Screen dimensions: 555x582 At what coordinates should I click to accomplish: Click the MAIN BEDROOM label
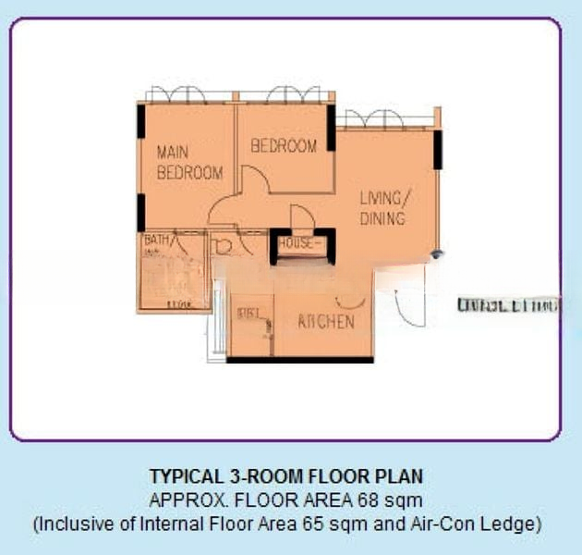189,162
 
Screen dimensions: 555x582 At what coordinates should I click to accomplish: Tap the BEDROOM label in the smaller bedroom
284,146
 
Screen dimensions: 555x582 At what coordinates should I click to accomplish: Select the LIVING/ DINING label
382,209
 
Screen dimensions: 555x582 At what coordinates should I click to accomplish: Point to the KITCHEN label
325,322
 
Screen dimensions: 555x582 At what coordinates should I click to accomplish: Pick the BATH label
157,241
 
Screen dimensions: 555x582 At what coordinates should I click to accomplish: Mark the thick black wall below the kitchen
300,360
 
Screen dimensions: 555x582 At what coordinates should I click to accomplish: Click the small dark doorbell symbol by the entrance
438,253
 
